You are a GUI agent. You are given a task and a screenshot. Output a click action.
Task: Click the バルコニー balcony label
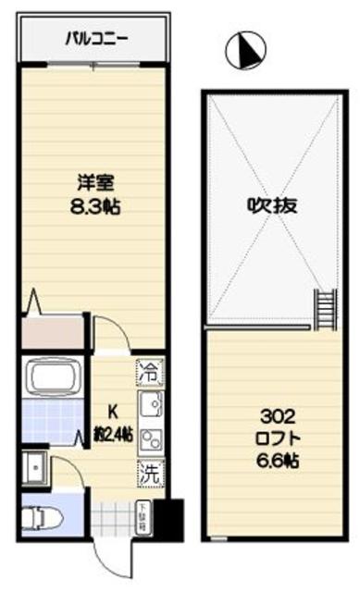(x=96, y=39)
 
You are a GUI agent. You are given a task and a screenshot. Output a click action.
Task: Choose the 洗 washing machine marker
(x=148, y=472)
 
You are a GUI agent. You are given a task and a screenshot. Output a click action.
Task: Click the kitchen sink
(x=149, y=404)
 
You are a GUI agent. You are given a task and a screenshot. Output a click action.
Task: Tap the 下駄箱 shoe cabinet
(x=143, y=514)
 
